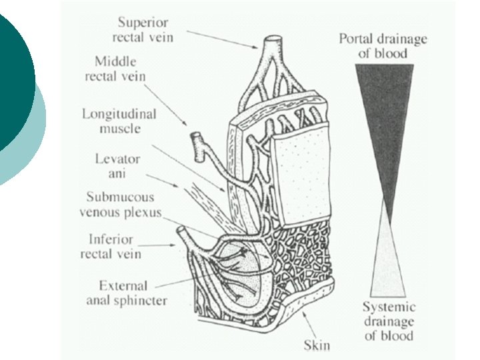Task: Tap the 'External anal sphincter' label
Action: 126,293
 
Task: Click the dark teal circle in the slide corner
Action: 13,73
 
